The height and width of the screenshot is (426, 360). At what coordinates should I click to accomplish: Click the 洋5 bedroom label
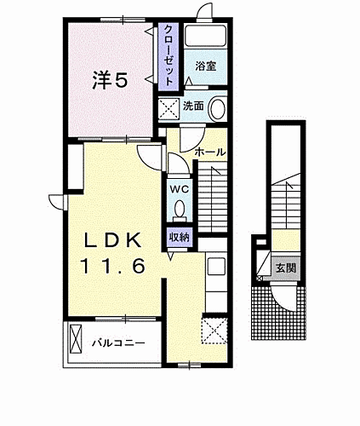[x=110, y=82]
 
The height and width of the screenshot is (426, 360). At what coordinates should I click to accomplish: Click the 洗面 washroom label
[x=192, y=106]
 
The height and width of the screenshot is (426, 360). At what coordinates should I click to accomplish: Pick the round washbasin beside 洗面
[x=218, y=109]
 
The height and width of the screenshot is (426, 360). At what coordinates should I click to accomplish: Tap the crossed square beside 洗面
[x=167, y=107]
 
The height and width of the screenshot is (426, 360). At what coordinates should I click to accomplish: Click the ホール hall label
[x=209, y=152]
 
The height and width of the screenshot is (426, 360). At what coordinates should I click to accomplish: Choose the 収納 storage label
[x=180, y=237]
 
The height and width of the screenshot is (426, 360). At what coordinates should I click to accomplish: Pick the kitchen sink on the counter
[x=215, y=266]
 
